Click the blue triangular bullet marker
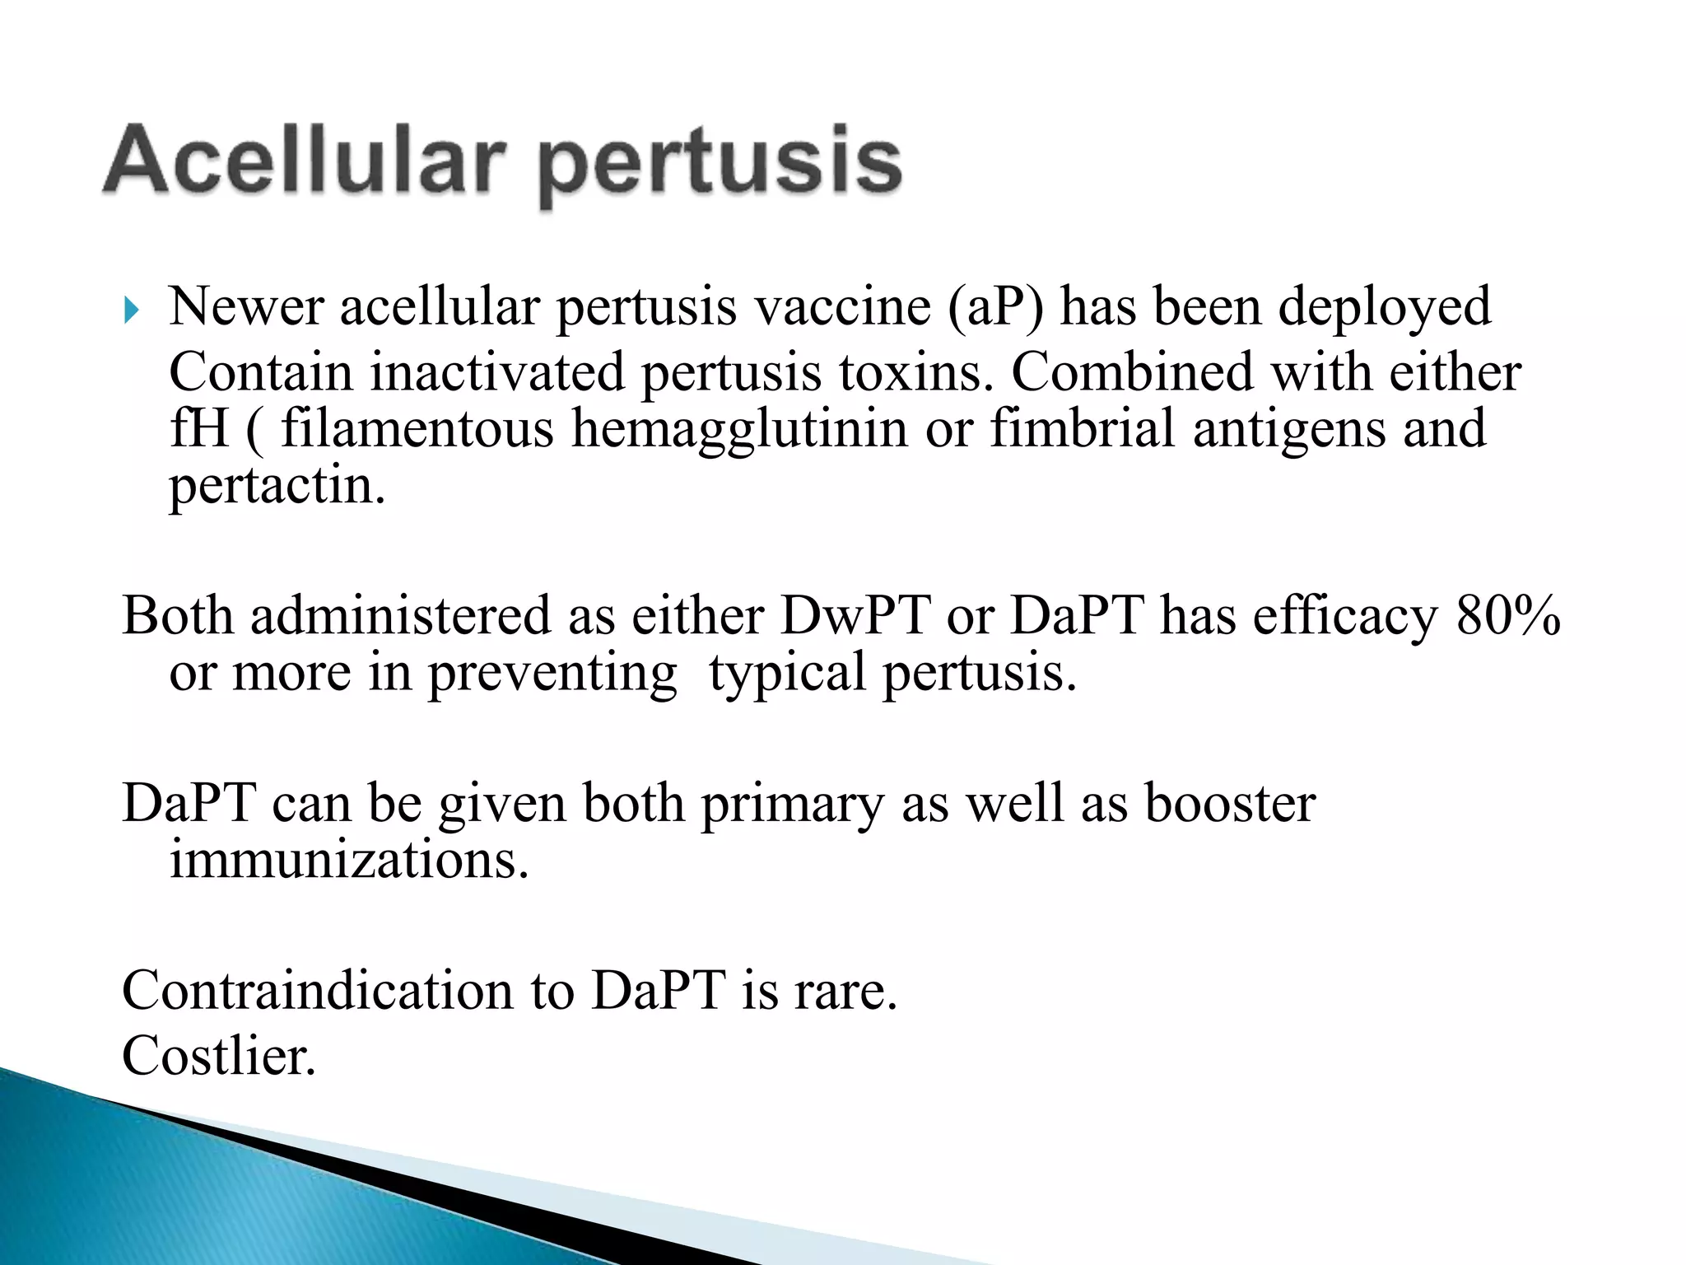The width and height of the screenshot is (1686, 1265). click(x=132, y=311)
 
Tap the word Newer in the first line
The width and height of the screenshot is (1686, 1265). click(x=246, y=307)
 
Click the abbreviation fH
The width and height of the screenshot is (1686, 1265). click(x=198, y=429)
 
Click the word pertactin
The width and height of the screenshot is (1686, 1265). click(x=277, y=486)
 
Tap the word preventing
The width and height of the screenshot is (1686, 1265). click(x=552, y=674)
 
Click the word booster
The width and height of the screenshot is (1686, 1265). click(x=1230, y=803)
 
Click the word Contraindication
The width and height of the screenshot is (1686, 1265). click(x=318, y=990)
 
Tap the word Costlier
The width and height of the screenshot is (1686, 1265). click(x=219, y=1056)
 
